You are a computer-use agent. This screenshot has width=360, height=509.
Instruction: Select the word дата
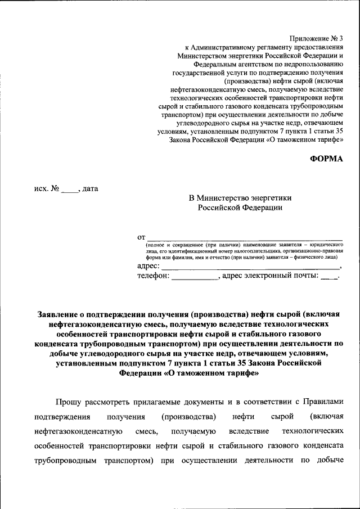coord(90,188)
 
